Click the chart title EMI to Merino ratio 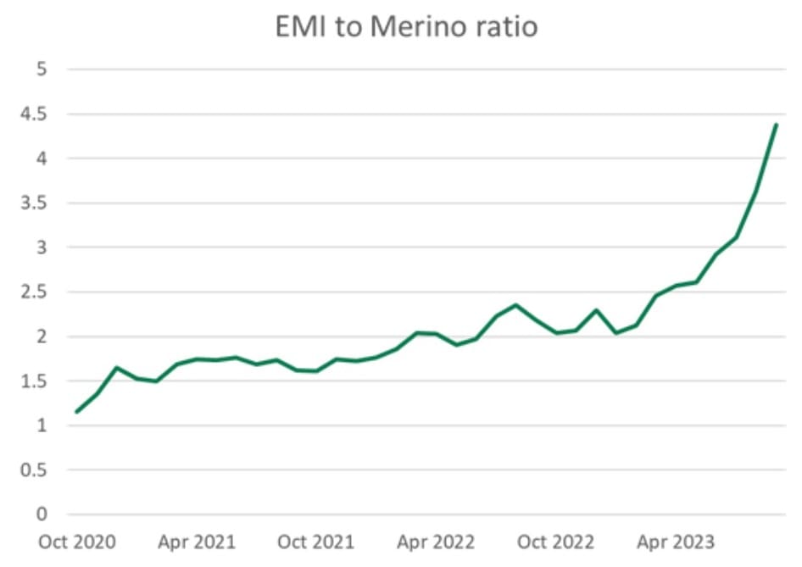[406, 26]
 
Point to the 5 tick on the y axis [41, 69]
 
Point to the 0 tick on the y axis [41, 514]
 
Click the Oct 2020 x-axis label [77, 542]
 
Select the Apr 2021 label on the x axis [196, 542]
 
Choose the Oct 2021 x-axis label [316, 542]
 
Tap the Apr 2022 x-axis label [436, 542]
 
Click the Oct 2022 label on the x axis [556, 542]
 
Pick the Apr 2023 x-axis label [676, 542]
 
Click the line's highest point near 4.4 [776, 125]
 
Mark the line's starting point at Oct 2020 [76, 412]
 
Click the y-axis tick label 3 [41, 247]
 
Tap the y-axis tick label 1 [41, 425]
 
